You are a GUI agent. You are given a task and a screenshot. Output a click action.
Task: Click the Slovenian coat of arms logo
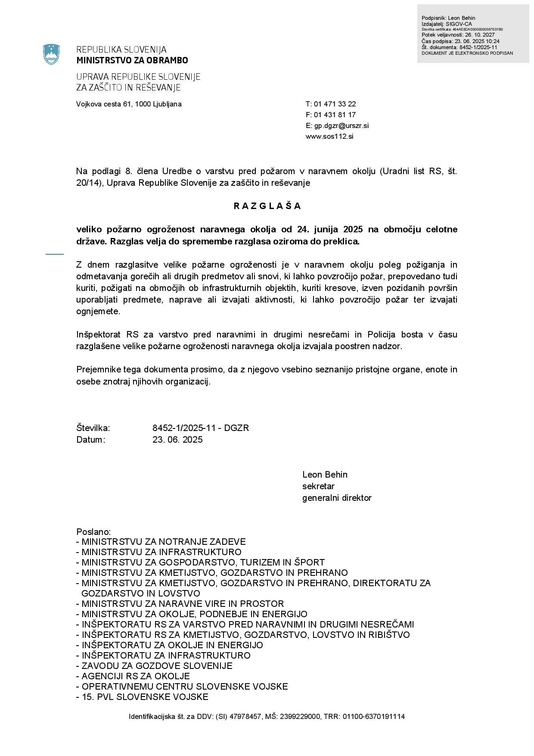[x=51, y=55]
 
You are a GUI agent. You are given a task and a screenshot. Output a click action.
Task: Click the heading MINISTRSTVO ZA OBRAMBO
[x=132, y=60]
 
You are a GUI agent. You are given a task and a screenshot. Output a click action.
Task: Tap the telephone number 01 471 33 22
[x=335, y=104]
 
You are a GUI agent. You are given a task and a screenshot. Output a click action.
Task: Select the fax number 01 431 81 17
[x=335, y=115]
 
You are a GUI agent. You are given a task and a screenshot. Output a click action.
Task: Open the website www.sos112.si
[x=329, y=137]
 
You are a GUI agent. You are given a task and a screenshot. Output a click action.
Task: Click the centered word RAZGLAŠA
[x=267, y=206]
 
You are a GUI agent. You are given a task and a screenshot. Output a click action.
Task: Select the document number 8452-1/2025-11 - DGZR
[x=201, y=428]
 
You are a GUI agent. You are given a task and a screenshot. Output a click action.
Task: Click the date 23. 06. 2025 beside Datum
[x=177, y=440]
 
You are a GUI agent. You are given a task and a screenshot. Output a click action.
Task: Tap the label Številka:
[x=93, y=428]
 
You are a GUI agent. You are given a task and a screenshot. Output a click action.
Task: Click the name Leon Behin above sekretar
[x=325, y=475]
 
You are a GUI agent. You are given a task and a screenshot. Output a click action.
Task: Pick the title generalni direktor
[x=337, y=498]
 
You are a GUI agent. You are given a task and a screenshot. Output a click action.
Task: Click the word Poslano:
[x=93, y=532]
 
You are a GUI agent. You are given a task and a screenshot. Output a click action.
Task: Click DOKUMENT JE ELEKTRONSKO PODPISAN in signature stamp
[x=467, y=53]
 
